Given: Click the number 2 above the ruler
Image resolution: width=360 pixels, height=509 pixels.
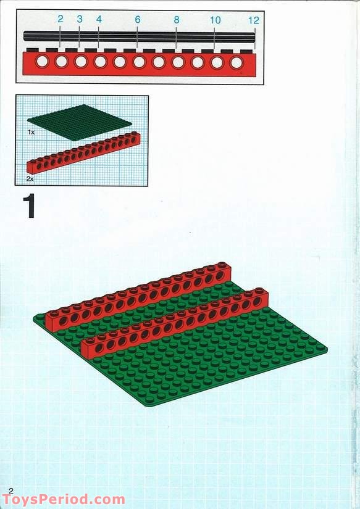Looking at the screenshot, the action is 60,19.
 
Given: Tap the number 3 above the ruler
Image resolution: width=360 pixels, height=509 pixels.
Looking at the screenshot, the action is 80,19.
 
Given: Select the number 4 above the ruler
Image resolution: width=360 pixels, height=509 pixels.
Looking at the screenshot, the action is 99,19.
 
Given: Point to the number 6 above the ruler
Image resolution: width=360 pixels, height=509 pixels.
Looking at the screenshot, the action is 138,20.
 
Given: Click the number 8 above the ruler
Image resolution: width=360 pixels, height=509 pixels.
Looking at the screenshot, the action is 176,20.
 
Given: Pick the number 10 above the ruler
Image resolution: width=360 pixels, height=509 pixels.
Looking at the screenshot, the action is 215,20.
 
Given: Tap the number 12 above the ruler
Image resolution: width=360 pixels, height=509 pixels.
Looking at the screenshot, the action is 253,20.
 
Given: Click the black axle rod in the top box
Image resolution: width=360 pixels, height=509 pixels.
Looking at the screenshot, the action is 139,36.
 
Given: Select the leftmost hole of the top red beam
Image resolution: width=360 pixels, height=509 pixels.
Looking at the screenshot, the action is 41,61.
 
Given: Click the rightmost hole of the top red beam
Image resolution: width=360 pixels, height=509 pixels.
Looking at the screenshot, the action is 237,63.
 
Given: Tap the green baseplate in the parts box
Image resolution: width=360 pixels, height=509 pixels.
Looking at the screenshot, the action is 80,122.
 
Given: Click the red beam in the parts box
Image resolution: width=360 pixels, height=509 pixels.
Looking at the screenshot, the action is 83,152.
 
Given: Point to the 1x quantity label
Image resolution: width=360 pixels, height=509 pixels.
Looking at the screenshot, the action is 31,132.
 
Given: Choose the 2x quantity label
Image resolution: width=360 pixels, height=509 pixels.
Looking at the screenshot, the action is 30,178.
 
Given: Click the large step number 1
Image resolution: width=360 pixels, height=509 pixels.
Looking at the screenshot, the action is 29,206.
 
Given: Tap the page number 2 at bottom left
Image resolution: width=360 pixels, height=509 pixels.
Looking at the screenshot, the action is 11,491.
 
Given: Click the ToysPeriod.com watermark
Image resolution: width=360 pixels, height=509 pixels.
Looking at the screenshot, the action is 64,499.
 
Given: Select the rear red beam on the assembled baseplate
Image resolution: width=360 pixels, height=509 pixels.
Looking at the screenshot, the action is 138,296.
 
